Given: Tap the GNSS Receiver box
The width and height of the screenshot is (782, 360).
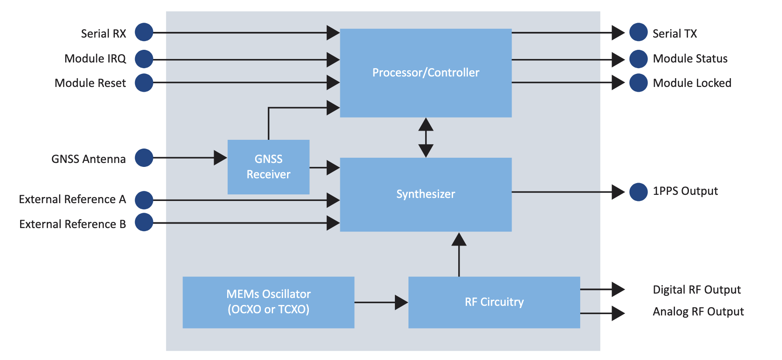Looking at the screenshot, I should (268, 167).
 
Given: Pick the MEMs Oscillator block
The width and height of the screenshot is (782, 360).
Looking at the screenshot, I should (268, 302).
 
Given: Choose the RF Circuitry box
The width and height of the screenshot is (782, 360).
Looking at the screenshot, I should (494, 302).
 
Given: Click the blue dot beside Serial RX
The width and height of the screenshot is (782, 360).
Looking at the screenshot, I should (144, 32).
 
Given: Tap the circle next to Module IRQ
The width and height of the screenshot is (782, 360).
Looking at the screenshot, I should (144, 59).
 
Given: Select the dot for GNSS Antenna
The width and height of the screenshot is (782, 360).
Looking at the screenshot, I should (144, 158).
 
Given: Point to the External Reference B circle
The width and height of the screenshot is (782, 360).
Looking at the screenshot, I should (144, 222).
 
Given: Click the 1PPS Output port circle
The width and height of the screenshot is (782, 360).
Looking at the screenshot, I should (638, 192).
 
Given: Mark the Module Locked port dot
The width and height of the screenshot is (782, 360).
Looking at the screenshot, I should (638, 83).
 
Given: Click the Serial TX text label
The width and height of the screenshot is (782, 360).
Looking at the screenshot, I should (675, 34).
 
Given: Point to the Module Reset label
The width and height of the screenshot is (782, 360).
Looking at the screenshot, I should (90, 83).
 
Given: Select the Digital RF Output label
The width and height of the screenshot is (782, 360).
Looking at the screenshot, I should (696, 290).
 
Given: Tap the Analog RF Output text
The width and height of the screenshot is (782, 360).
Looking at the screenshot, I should (698, 312).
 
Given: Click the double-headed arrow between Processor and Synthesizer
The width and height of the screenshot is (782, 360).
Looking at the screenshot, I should (426, 137).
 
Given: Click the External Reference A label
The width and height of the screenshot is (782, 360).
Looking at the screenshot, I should (72, 199).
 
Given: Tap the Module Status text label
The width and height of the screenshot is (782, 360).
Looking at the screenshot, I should (690, 59).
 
